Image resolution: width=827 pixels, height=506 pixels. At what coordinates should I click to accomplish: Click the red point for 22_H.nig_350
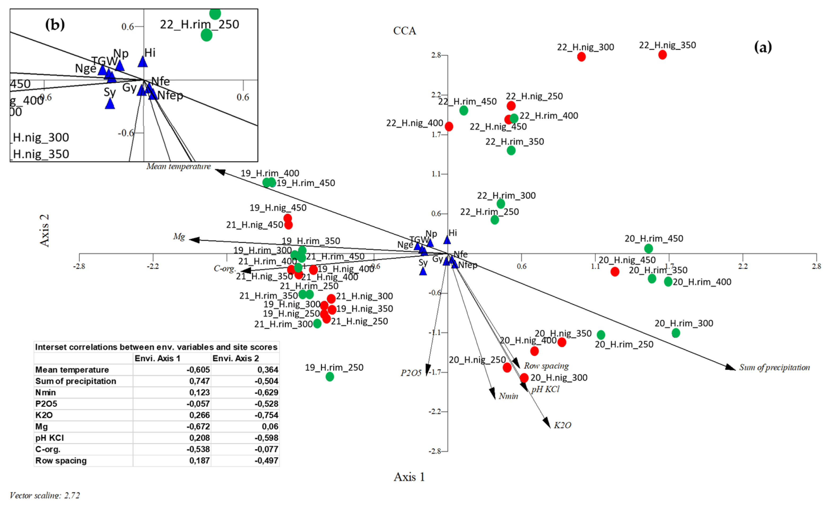(662, 55)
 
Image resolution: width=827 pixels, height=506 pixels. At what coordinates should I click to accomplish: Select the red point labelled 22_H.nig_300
(581, 57)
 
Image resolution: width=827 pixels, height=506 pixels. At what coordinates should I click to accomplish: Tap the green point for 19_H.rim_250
(329, 376)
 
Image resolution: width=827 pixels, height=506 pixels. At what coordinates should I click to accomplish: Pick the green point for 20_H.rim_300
(676, 333)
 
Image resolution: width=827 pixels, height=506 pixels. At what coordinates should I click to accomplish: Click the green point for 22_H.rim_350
(511, 150)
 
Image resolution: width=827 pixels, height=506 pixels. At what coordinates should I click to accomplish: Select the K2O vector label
(562, 425)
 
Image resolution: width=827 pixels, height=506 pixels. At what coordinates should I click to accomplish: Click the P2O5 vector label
(411, 373)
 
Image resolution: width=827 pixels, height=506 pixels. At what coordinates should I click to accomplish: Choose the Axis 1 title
(409, 477)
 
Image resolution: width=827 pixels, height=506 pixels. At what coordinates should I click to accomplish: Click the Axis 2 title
(45, 230)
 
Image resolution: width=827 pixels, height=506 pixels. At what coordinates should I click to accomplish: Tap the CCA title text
(404, 31)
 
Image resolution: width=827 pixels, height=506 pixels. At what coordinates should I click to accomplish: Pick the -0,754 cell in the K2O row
(266, 415)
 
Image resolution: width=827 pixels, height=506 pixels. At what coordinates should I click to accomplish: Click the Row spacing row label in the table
(61, 461)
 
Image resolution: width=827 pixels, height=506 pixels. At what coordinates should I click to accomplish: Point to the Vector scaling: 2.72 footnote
(45, 495)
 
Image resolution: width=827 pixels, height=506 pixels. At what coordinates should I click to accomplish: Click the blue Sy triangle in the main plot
(423, 271)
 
